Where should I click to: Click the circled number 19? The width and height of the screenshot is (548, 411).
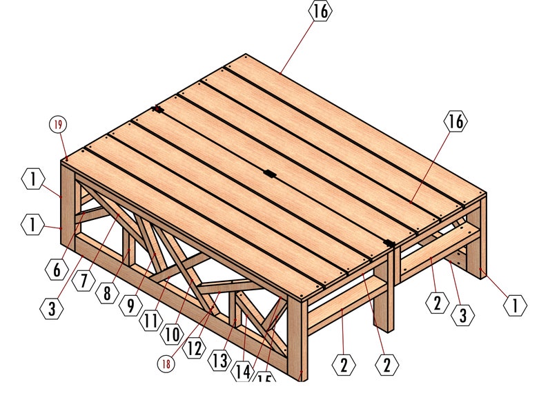point(58,124)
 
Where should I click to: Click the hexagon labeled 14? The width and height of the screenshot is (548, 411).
point(242,372)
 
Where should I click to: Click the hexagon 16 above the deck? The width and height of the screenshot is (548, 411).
point(320,12)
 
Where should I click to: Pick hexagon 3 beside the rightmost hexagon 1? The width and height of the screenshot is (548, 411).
point(463,316)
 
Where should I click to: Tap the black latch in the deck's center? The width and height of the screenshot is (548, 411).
point(270,174)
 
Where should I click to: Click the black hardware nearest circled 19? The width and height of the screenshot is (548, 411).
point(158,110)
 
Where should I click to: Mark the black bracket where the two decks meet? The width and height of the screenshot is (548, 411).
point(389,243)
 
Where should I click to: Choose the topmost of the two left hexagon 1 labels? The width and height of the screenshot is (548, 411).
point(32,180)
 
